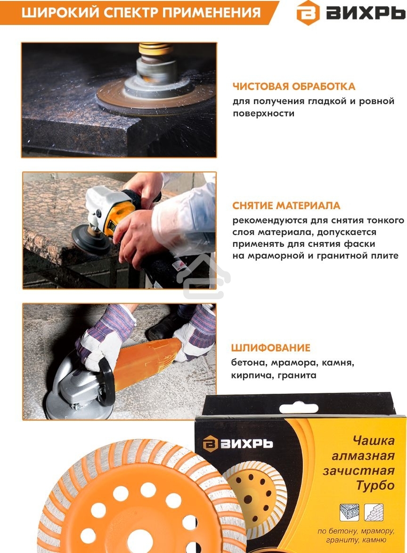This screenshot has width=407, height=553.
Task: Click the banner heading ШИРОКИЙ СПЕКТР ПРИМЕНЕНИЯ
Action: coord(141,12)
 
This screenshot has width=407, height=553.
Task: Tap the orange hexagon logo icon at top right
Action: coord(308,13)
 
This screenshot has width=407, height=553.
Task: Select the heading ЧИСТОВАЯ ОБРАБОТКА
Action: coord(293,87)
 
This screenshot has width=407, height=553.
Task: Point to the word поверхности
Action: coord(263,114)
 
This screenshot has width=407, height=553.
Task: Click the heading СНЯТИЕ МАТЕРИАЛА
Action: coord(286,206)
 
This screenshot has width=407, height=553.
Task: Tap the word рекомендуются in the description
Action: coord(269,220)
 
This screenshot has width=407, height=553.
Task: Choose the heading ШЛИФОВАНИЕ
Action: coord(270,348)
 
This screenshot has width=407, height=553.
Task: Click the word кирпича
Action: coord(251,375)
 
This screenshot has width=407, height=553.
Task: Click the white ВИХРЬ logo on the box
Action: coord(238,444)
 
